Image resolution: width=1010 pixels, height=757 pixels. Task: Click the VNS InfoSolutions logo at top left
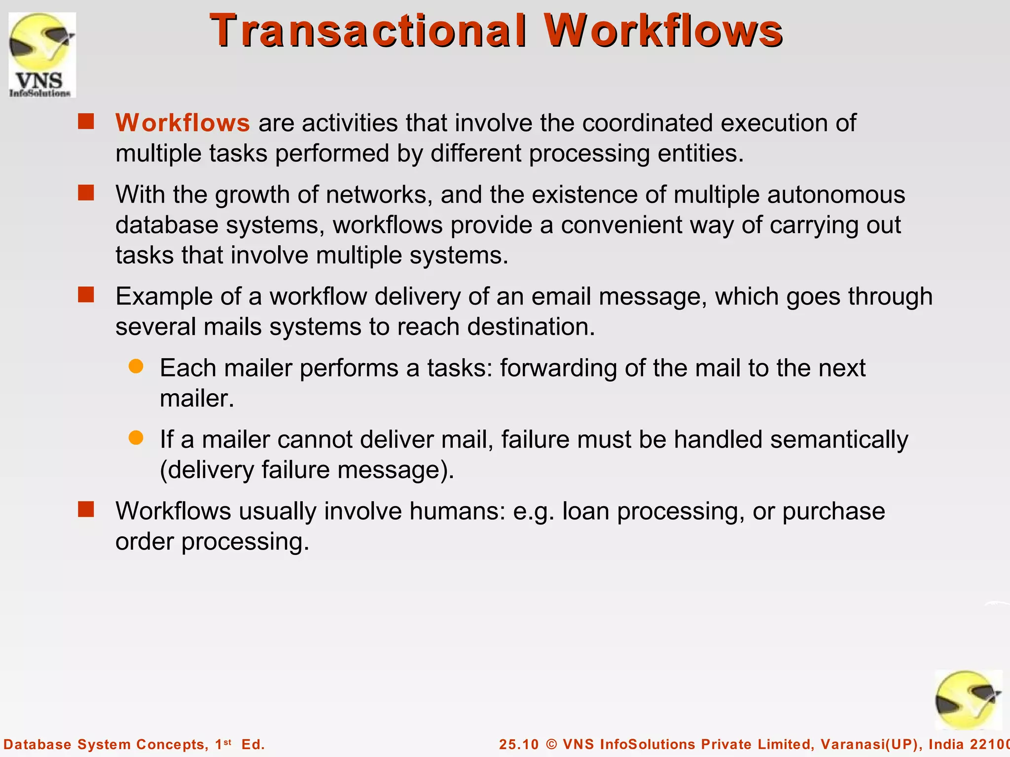click(42, 55)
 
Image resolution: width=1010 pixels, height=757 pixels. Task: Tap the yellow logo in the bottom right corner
click(968, 700)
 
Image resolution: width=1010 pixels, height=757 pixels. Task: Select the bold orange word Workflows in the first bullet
click(182, 123)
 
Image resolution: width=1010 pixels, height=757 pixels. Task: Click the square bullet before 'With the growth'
click(86, 193)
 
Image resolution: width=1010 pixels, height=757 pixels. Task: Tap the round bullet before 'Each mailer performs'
click(136, 366)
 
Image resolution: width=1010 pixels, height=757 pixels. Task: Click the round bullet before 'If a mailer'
click(136, 438)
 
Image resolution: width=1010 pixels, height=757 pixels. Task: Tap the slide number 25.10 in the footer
click(519, 744)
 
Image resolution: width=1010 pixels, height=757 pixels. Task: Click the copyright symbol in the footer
click(552, 744)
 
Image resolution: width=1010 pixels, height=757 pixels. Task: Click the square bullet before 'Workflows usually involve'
click(86, 510)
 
